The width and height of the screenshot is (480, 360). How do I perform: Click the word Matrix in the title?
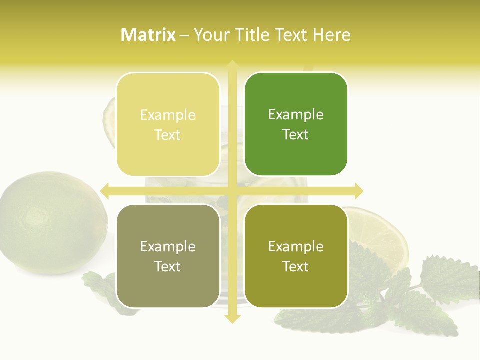point(148,35)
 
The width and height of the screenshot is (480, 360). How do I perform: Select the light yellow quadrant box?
point(168,124)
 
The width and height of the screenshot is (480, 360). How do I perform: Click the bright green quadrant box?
point(296,124)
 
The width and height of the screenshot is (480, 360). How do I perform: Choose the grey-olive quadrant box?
point(168,256)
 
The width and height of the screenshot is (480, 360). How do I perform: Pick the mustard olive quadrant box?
point(296,256)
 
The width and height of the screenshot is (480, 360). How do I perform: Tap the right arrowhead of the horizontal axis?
point(358,191)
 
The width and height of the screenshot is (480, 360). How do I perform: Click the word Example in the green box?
point(296,114)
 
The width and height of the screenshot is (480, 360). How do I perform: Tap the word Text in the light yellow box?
point(168,135)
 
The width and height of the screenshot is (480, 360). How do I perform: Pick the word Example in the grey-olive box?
point(168,246)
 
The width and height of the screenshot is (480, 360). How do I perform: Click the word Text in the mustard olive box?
point(296,266)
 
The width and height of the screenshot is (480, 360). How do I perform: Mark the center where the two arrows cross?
point(232,191)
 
